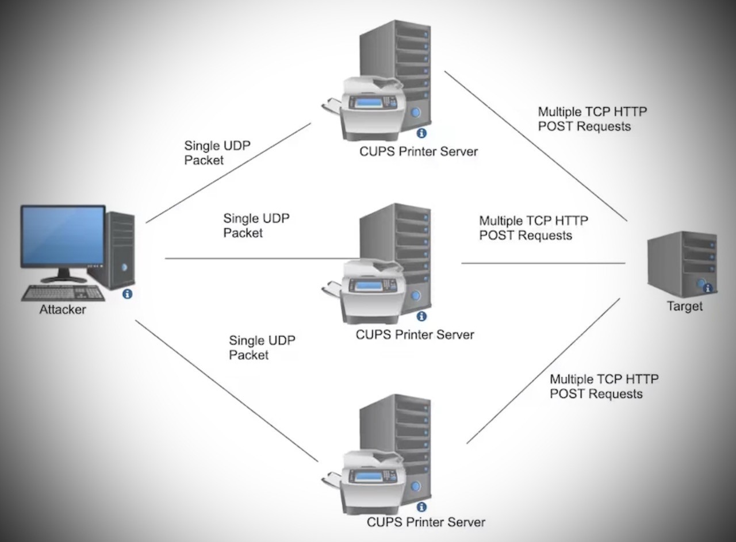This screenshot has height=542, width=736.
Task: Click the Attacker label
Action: click(x=63, y=310)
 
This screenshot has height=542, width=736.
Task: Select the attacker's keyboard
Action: click(x=63, y=293)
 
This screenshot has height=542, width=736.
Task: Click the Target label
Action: click(x=684, y=306)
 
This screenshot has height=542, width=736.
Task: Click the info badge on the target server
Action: click(x=708, y=288)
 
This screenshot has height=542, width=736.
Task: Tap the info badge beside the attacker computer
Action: click(x=128, y=294)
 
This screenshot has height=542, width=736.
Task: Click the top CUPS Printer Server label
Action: click(x=419, y=152)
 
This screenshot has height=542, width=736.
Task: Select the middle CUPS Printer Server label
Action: click(x=415, y=335)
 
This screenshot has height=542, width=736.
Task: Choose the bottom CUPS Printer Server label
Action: click(x=426, y=522)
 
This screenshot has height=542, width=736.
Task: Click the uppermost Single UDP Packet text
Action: click(x=217, y=153)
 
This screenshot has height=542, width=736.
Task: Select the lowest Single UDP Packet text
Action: click(x=262, y=348)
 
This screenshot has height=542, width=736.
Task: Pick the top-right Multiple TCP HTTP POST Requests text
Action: click(x=592, y=119)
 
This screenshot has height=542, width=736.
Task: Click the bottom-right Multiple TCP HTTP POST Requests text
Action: click(x=604, y=386)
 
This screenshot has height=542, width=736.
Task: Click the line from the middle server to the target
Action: click(x=543, y=263)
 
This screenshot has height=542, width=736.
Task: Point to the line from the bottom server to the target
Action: click(x=543, y=371)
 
